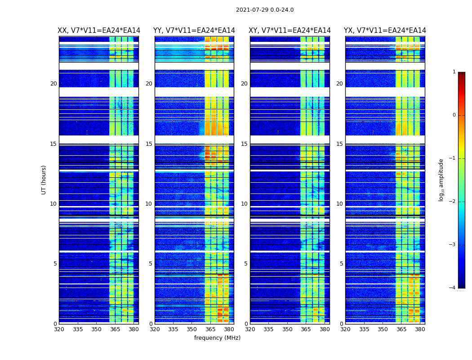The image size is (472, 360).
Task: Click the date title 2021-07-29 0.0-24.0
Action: pyautogui.click(x=265, y=10)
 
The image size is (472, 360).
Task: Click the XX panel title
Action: pyautogui.click(x=99, y=31)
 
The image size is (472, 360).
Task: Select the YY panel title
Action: pyautogui.click(x=194, y=31)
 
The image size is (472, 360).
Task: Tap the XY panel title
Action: pyautogui.click(x=290, y=31)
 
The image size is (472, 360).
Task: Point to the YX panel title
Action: pyautogui.click(x=385, y=31)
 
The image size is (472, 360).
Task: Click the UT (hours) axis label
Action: pyautogui.click(x=44, y=180)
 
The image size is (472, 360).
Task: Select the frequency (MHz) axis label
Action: pyautogui.click(x=217, y=338)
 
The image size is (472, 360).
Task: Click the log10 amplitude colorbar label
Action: pyautogui.click(x=441, y=180)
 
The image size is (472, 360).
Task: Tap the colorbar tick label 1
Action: pyautogui.click(x=454, y=72)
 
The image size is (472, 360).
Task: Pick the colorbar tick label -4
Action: pyautogui.click(x=453, y=288)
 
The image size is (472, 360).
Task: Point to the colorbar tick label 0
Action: pyautogui.click(x=454, y=115)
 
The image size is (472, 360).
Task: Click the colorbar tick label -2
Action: pyautogui.click(x=453, y=202)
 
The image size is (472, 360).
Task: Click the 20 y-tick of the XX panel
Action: pyautogui.click(x=53, y=84)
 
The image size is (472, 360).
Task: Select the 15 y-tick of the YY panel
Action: pyautogui.click(x=149, y=144)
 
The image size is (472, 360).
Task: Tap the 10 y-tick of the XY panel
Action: pyautogui.click(x=244, y=204)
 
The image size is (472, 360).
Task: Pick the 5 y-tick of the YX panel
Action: pyautogui.click(x=341, y=264)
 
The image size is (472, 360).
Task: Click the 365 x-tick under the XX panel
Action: pyautogui.click(x=115, y=329)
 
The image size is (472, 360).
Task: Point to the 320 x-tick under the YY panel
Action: pyautogui.click(x=155, y=329)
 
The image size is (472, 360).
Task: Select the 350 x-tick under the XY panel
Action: pyautogui.click(x=287, y=329)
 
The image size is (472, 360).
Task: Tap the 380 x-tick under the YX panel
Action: pyautogui.click(x=420, y=329)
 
